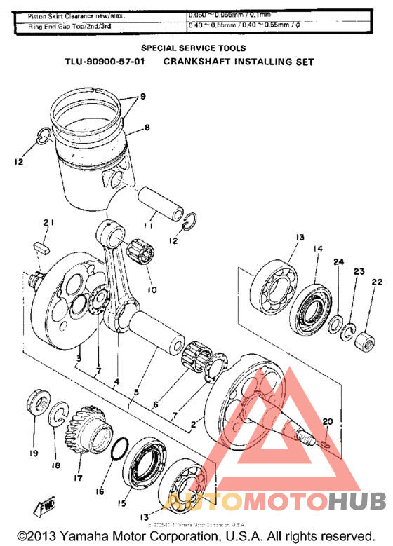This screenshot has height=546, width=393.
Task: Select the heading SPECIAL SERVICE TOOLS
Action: [x=194, y=48]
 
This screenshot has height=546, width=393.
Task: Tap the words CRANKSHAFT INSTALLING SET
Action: [x=238, y=62]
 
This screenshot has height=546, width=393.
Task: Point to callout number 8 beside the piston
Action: [x=147, y=128]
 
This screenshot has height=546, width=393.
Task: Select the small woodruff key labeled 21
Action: [x=42, y=246]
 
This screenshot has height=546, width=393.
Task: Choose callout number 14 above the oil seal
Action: [x=317, y=248]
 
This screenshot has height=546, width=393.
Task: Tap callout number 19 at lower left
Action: [x=33, y=453]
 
